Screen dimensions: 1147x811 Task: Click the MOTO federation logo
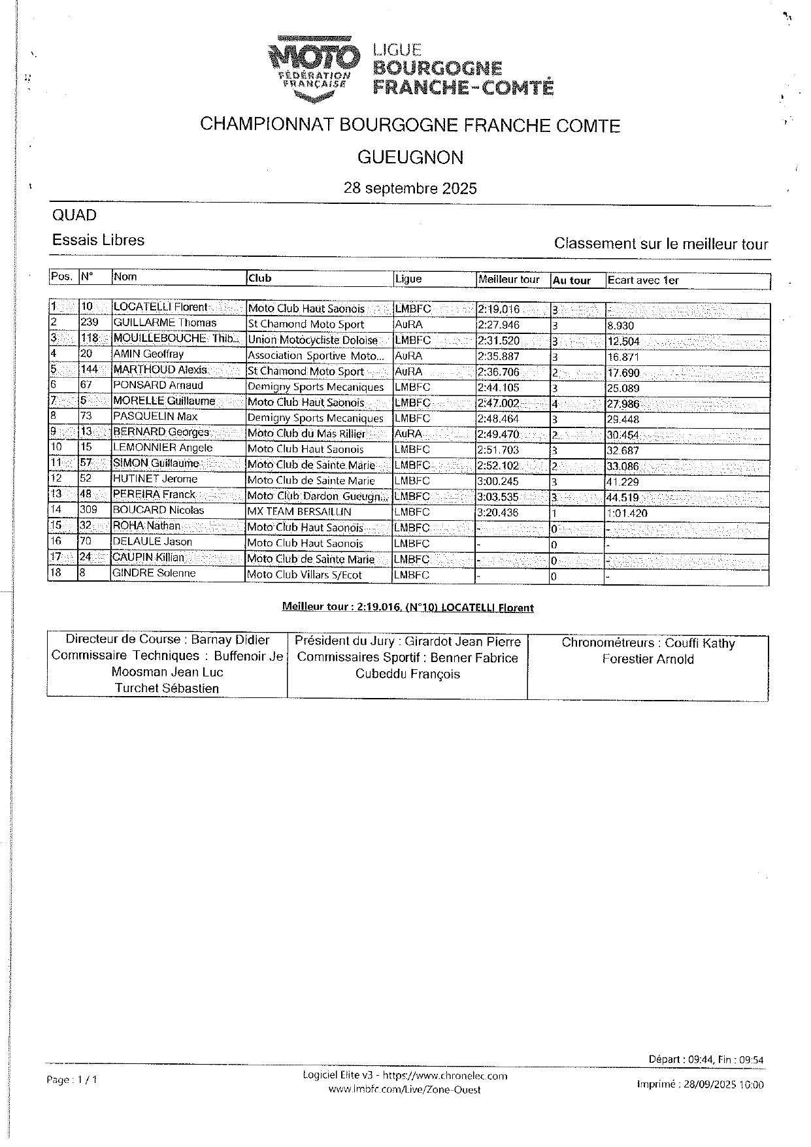coord(314,69)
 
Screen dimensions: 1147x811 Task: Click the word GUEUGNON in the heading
coord(410,158)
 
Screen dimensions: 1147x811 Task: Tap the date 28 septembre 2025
coord(410,189)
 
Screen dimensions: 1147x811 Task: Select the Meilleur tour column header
coord(509,280)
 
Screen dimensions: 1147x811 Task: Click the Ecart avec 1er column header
coord(643,280)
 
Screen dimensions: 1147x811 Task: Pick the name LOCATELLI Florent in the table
coord(160,307)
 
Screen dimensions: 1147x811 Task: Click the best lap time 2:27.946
coord(499,324)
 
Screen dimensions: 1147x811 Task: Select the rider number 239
coord(90,323)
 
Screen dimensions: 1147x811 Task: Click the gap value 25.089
coord(623,388)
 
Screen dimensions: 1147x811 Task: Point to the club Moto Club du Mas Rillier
coord(306,433)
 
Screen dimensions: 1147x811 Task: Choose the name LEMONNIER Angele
coord(163,448)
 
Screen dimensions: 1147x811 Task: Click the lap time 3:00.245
coord(498,481)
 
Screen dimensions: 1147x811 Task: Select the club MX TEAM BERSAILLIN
coord(299,512)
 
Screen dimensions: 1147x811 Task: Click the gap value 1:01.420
coord(627,513)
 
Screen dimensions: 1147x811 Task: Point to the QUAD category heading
coord(74,216)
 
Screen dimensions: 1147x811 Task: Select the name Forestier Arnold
coord(648,659)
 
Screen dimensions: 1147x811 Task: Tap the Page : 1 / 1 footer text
coord(72,1080)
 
